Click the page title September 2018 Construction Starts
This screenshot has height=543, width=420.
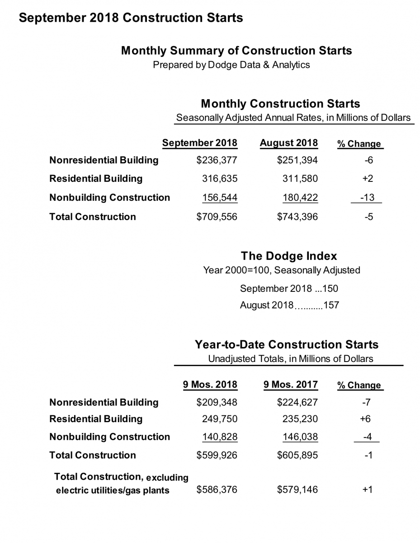pos(131,18)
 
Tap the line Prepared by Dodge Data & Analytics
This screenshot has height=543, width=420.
pos(231,65)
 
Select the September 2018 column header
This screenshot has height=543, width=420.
pos(199,143)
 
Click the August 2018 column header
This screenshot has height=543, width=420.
pos(288,143)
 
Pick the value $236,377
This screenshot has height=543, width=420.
pos(217,160)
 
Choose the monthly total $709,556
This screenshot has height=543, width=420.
pos(217,217)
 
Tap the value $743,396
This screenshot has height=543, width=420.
pos(297,217)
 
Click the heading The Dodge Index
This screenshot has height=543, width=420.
pos(289,256)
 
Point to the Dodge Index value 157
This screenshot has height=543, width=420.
pos(331,305)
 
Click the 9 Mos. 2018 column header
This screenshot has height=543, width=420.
pos(210,385)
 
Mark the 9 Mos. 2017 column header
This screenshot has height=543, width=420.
pos(291,385)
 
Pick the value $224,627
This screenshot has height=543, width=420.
pos(297,402)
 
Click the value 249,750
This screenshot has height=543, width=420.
pos(219,419)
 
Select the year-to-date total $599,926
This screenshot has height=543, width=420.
pos(217,455)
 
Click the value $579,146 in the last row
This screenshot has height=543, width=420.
pos(297,490)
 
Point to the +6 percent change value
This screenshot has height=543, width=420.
pos(365,419)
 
